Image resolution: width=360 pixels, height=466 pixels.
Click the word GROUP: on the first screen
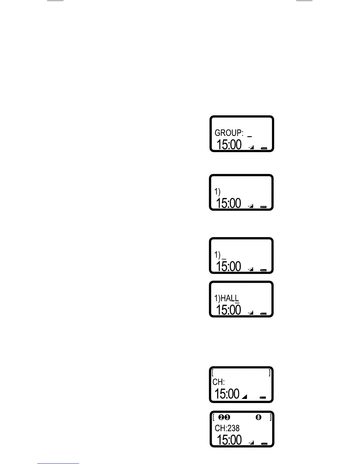(229, 133)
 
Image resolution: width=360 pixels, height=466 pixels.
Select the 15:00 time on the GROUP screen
(229, 145)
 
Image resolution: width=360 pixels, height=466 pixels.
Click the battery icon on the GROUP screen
(264, 149)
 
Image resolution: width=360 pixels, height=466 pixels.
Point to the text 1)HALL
(226, 298)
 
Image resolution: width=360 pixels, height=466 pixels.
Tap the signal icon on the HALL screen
(251, 313)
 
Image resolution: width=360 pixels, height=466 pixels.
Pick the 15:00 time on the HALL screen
(228, 310)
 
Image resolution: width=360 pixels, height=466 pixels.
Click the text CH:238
(227, 428)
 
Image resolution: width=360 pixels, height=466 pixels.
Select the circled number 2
(221, 417)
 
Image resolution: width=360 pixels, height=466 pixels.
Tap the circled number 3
(227, 417)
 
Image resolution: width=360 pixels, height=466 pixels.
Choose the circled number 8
(259, 417)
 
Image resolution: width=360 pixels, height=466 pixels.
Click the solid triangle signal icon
(244, 397)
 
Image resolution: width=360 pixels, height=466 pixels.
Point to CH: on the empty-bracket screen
(219, 382)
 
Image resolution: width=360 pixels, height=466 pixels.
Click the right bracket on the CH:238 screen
(271, 417)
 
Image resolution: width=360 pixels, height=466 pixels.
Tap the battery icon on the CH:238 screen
(264, 444)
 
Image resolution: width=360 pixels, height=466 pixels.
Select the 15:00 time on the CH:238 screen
(229, 440)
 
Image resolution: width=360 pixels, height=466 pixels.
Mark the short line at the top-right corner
(304, 1)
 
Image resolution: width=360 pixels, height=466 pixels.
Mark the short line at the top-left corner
(55, 1)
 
